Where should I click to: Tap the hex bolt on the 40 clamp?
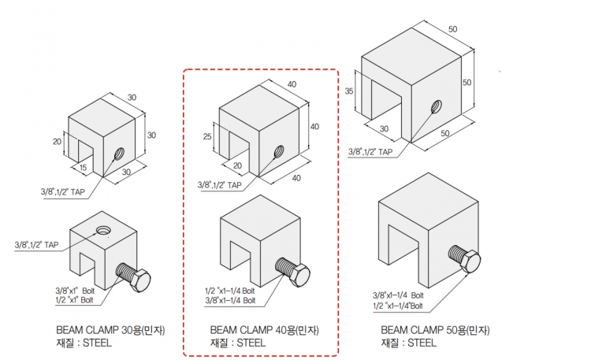pyautogui.click(x=292, y=272)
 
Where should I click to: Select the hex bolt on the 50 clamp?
pyautogui.click(x=464, y=258)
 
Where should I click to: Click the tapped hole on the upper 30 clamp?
pyautogui.click(x=120, y=154)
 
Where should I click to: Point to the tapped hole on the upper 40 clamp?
pyautogui.click(x=279, y=151)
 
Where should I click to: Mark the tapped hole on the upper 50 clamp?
pyautogui.click(x=437, y=106)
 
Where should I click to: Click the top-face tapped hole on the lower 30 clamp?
pyautogui.click(x=103, y=230)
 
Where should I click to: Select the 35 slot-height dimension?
pyautogui.click(x=349, y=91)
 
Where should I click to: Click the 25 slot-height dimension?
pyautogui.click(x=207, y=136)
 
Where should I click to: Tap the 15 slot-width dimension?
pyautogui.click(x=83, y=167)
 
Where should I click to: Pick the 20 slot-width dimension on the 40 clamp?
pyautogui.click(x=237, y=165)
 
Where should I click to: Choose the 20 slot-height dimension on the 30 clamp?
pyautogui.click(x=57, y=141)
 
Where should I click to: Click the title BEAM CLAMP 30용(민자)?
pyautogui.click(x=110, y=330)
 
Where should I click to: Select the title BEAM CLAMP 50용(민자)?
pyautogui.click(x=435, y=330)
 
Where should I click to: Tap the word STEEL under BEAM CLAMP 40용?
pyautogui.click(x=251, y=343)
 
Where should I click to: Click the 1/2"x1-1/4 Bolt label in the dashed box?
pyautogui.click(x=230, y=291)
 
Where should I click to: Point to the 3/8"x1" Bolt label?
pyautogui.click(x=75, y=291)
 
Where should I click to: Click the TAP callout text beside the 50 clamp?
pyautogui.click(x=370, y=152)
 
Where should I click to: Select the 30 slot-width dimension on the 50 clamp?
pyautogui.click(x=384, y=128)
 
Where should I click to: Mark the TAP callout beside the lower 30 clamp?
pyautogui.click(x=36, y=245)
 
